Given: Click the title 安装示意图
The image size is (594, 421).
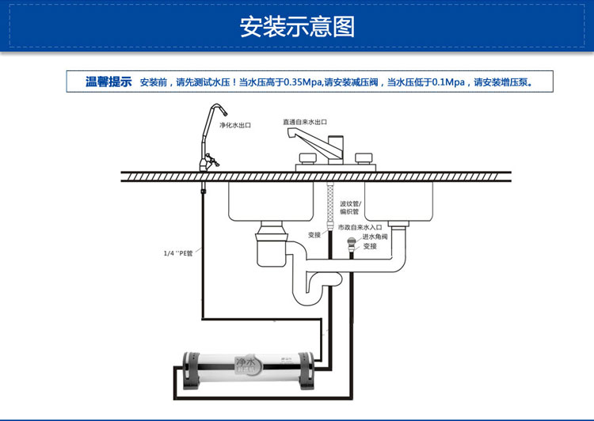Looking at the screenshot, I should pos(297,26).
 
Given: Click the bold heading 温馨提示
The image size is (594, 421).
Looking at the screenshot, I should pos(109,82).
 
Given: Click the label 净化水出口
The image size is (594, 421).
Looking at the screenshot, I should pos(234,125).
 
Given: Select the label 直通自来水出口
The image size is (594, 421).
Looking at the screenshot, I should pos(305,122).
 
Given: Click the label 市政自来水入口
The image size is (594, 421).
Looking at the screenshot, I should pos(360,227).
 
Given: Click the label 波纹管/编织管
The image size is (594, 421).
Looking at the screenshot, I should pos(349,207).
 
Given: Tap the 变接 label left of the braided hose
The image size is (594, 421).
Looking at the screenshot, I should pos(314,235).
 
